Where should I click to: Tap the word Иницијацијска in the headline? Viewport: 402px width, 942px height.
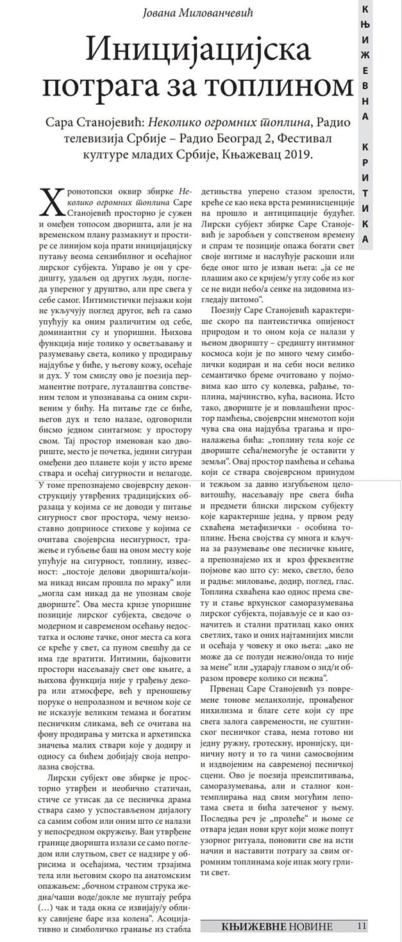[x=198, y=49]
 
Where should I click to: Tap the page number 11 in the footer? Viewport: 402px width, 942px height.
[x=362, y=926]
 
